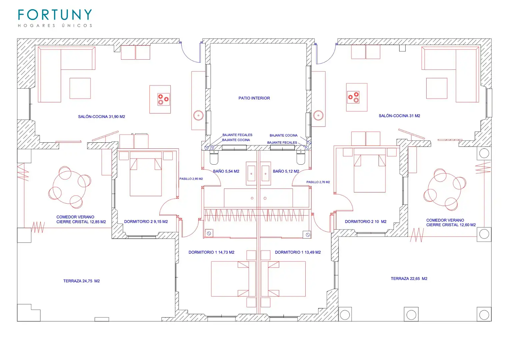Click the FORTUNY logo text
(x=55, y=15)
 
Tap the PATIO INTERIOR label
(x=254, y=98)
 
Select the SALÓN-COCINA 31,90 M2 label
(x=102, y=117)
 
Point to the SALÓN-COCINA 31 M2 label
(x=399, y=116)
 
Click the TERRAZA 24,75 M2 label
(x=82, y=281)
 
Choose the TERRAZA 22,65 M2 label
(x=409, y=278)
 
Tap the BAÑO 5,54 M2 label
(x=226, y=171)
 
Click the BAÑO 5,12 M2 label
(x=286, y=171)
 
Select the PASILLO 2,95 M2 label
(x=191, y=179)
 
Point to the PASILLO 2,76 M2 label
(x=318, y=182)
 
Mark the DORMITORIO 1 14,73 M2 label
(x=211, y=252)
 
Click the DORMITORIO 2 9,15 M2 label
(x=146, y=222)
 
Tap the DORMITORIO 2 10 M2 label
(x=366, y=222)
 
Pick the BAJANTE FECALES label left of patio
(x=237, y=135)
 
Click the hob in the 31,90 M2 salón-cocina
(x=164, y=99)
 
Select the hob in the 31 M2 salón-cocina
(x=353, y=97)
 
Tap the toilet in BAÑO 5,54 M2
(x=214, y=157)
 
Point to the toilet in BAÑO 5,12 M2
(x=301, y=157)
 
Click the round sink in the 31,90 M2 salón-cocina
(x=198, y=115)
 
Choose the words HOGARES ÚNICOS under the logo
(x=55, y=25)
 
